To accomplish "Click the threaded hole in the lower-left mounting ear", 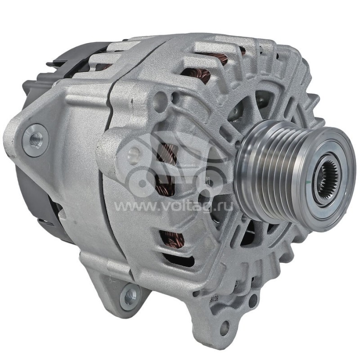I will coord(130,295).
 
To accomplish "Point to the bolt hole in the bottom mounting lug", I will coord(224,327).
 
